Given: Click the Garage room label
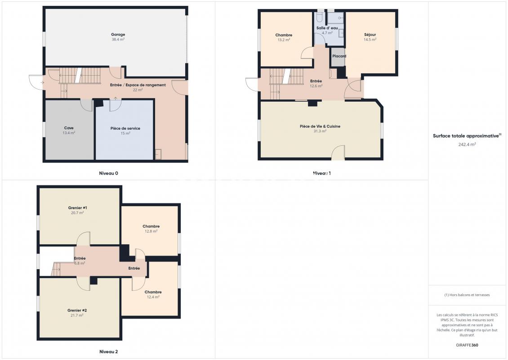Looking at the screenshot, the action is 118,34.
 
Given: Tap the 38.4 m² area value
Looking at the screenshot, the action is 118,39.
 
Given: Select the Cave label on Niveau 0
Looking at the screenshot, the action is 69,128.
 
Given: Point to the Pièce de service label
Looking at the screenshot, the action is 125,128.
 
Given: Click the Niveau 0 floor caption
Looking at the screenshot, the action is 108,173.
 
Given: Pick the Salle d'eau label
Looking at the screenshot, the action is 327,28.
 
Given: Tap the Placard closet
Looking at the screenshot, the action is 338,58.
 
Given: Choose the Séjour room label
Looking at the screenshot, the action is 370,34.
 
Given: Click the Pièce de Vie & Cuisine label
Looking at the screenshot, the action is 320,126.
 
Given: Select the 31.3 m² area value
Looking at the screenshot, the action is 320,131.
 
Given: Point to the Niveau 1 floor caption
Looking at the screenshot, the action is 322,173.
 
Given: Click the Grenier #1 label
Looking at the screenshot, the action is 77,208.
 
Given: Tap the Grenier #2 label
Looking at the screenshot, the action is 77,310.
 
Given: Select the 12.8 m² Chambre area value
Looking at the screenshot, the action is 151,231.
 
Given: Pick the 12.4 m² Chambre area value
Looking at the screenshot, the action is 153,297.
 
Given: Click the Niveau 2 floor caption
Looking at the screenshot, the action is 108,351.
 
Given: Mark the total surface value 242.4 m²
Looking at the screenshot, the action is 467,144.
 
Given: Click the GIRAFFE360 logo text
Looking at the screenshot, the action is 467,345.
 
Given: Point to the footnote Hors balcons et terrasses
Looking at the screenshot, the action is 467,295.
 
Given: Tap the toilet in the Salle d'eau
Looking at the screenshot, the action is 320,16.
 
